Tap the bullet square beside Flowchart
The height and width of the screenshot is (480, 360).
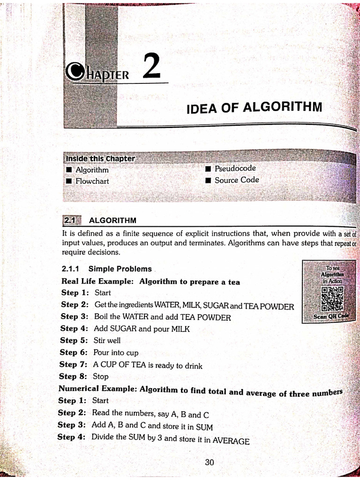68,181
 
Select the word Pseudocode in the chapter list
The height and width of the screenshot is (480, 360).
235,168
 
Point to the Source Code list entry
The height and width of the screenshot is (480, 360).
237,180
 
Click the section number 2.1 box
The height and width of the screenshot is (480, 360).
71,220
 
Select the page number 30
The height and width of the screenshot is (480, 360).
210,462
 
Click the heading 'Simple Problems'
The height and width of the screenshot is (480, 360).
120,269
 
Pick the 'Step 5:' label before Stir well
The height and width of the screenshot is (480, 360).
74,341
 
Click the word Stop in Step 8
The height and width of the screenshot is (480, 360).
101,376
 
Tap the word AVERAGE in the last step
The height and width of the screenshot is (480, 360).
231,441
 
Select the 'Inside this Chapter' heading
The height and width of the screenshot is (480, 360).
100,158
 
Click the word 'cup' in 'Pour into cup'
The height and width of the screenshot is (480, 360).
132,353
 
